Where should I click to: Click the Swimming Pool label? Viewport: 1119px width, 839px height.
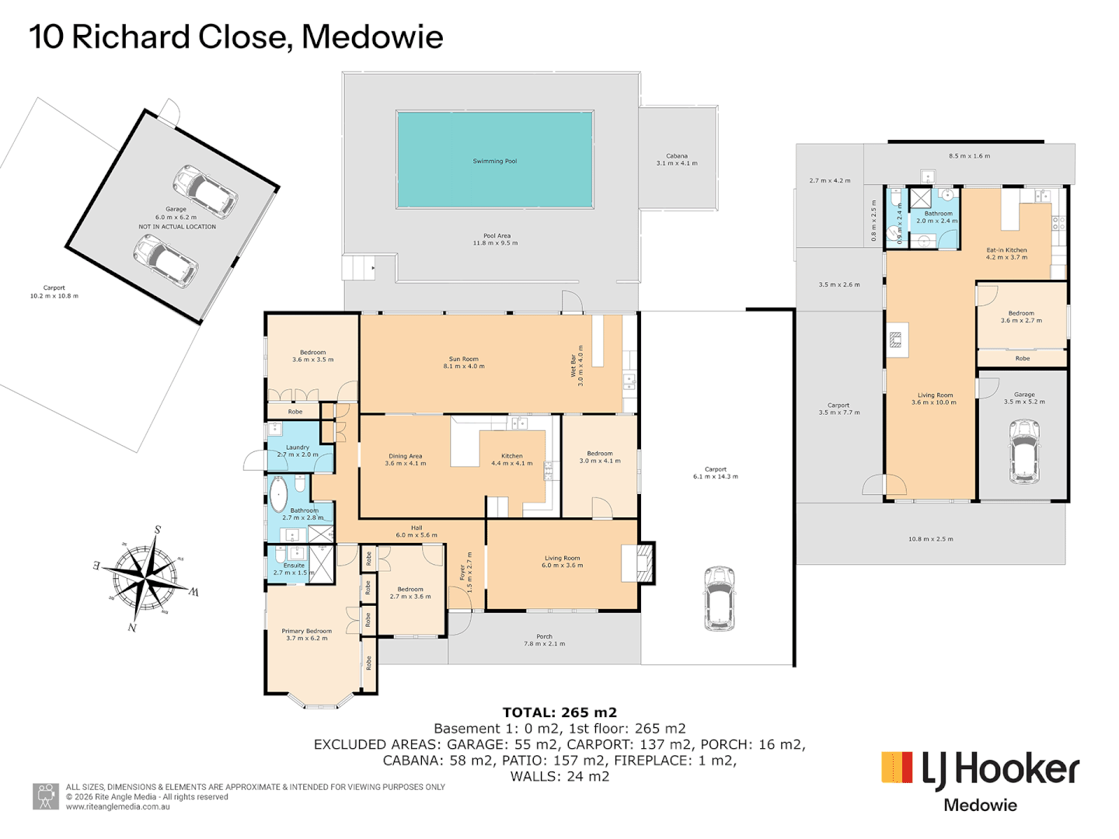point(494,162)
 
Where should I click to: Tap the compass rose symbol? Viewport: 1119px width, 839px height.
point(145,579)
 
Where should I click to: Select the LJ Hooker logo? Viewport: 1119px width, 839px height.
point(980,769)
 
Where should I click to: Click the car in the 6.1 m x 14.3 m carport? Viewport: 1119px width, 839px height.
point(719,598)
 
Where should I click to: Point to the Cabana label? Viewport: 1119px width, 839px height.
point(677,159)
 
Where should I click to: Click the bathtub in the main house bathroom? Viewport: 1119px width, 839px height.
point(278,493)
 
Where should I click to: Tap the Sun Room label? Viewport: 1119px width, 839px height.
point(464,362)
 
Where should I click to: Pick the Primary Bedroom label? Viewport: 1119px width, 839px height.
point(306,635)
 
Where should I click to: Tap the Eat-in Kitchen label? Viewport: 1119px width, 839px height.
point(1006,253)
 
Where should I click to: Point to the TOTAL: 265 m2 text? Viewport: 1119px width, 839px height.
point(559,712)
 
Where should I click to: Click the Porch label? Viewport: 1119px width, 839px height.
point(544,639)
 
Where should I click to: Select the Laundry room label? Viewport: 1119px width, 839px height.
point(298,451)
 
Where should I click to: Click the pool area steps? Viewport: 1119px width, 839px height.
point(358,268)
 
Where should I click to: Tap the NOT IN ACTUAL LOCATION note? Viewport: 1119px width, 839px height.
point(177,227)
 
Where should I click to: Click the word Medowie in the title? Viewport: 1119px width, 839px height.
point(372,37)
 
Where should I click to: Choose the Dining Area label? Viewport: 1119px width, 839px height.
point(405,460)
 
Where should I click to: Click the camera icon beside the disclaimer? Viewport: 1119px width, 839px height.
point(46,795)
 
